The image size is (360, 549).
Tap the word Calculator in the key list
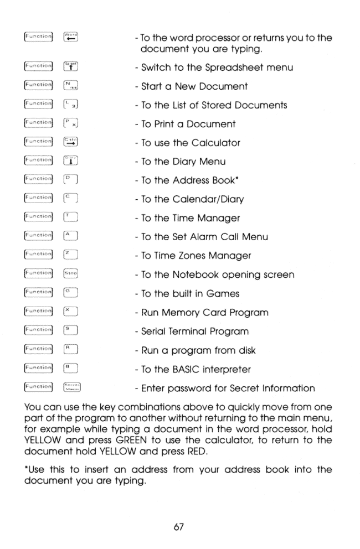(x=214, y=143)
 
